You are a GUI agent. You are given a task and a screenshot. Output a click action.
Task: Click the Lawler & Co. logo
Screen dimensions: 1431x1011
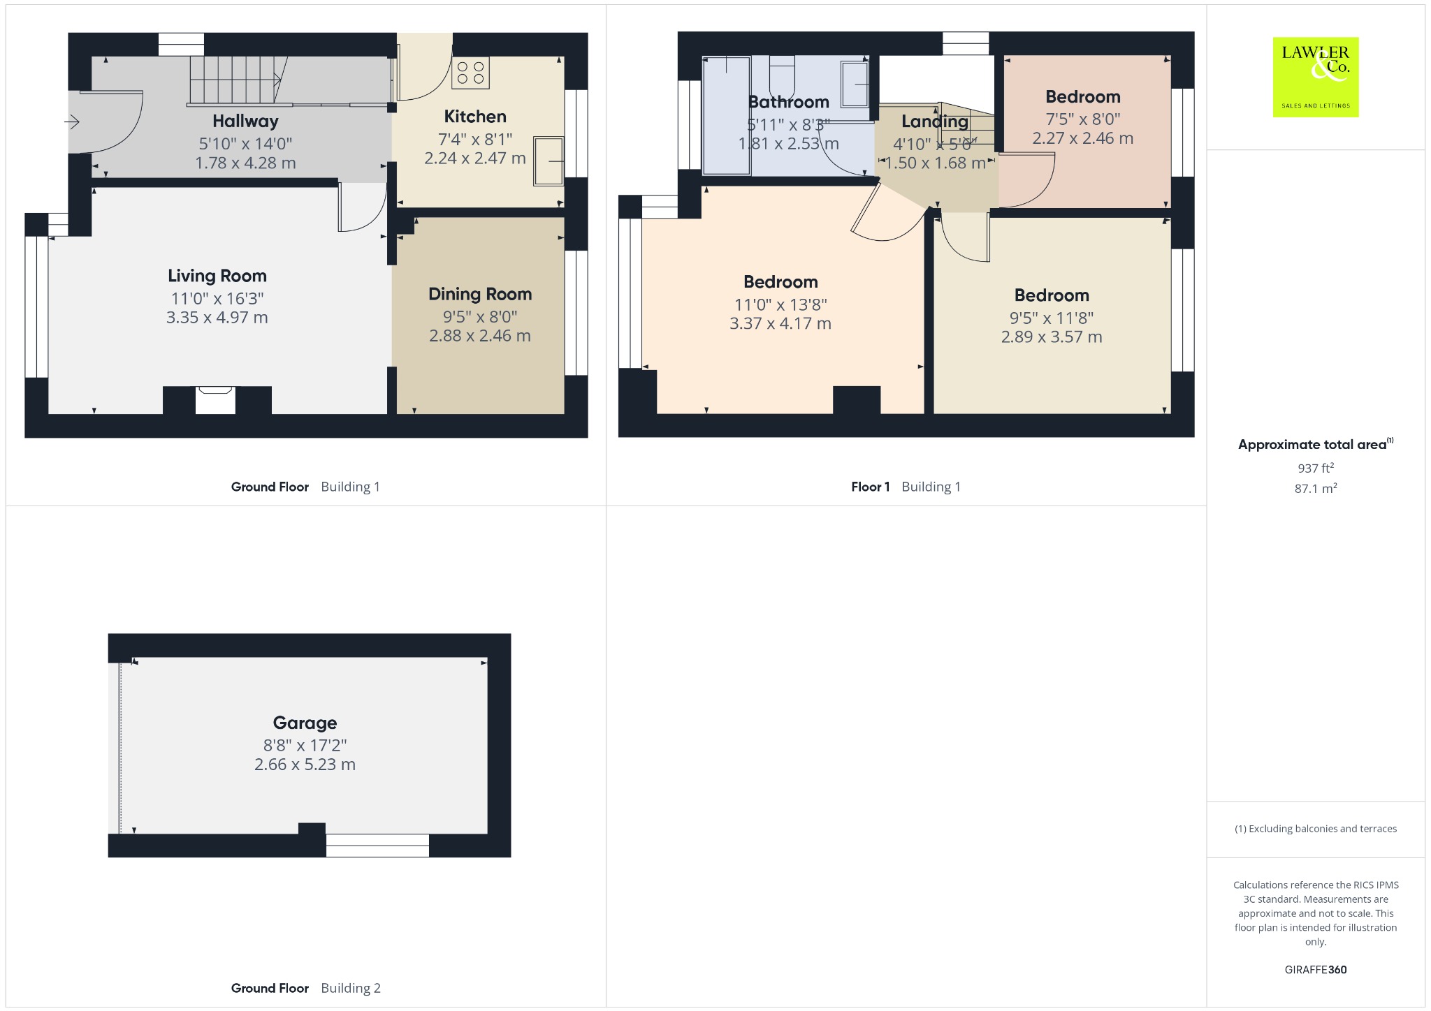pyautogui.click(x=1316, y=77)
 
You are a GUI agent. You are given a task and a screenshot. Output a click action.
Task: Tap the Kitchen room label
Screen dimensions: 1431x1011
pyautogui.click(x=475, y=117)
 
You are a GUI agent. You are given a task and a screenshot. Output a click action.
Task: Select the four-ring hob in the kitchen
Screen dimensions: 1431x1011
pyautogui.click(x=470, y=73)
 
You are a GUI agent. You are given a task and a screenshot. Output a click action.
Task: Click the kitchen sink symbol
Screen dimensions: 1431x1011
pyautogui.click(x=549, y=161)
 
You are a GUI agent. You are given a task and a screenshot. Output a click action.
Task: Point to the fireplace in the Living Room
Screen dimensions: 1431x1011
pyautogui.click(x=215, y=400)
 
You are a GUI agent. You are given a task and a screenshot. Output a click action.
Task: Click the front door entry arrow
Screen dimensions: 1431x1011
pyautogui.click(x=73, y=123)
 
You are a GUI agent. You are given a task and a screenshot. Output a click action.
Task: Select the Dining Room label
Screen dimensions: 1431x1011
pyautogui.click(x=480, y=294)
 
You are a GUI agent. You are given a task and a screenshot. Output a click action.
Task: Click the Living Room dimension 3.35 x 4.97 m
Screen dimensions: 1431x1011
pyautogui.click(x=217, y=318)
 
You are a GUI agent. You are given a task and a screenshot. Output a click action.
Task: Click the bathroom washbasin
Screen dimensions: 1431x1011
pyautogui.click(x=855, y=84)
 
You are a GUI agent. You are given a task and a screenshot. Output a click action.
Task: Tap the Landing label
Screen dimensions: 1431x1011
pyautogui.click(x=935, y=121)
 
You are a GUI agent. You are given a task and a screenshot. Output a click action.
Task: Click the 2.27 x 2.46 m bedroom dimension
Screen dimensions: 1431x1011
pyautogui.click(x=1083, y=138)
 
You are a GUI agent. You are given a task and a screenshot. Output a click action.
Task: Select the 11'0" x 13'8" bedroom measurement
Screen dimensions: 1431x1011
pyautogui.click(x=780, y=305)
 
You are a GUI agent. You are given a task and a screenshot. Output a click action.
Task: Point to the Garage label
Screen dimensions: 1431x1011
pyautogui.click(x=305, y=723)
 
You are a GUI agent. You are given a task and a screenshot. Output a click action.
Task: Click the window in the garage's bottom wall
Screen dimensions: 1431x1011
pyautogui.click(x=377, y=846)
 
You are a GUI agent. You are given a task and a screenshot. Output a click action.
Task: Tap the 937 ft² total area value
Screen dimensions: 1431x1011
pyautogui.click(x=1316, y=468)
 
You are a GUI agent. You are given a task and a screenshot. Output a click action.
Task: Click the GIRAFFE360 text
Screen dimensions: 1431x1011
pyautogui.click(x=1316, y=970)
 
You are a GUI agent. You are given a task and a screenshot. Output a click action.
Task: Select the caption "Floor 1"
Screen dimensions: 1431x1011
pyautogui.click(x=871, y=487)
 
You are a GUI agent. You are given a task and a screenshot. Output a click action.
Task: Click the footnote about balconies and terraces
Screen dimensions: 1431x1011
pyautogui.click(x=1316, y=829)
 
